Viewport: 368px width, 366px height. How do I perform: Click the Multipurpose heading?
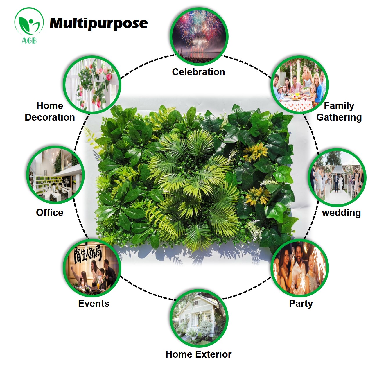[x=98, y=23]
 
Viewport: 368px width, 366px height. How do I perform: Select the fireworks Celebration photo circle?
[x=199, y=36]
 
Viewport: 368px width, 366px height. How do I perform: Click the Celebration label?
[x=198, y=72]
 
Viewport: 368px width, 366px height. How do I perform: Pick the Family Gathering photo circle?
[x=300, y=85]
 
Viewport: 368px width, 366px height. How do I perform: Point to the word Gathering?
[x=339, y=117]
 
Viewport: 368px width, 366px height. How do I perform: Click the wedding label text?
[x=341, y=213]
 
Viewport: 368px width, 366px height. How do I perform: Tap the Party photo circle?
[x=300, y=268]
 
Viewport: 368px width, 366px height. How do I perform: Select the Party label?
[x=301, y=303]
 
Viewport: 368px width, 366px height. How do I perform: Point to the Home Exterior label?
[x=198, y=354]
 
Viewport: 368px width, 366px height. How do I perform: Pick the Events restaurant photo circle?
[x=92, y=268]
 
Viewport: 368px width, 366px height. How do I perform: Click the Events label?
[x=94, y=303]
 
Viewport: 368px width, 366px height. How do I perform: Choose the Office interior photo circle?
[x=55, y=175]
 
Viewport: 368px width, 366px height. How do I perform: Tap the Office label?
[x=50, y=213]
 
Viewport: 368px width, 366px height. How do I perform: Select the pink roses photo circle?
[x=92, y=85]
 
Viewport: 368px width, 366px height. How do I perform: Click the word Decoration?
[x=50, y=117]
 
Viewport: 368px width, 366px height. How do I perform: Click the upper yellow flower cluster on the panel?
[x=255, y=152]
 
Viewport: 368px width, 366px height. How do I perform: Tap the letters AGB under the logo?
[x=29, y=40]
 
